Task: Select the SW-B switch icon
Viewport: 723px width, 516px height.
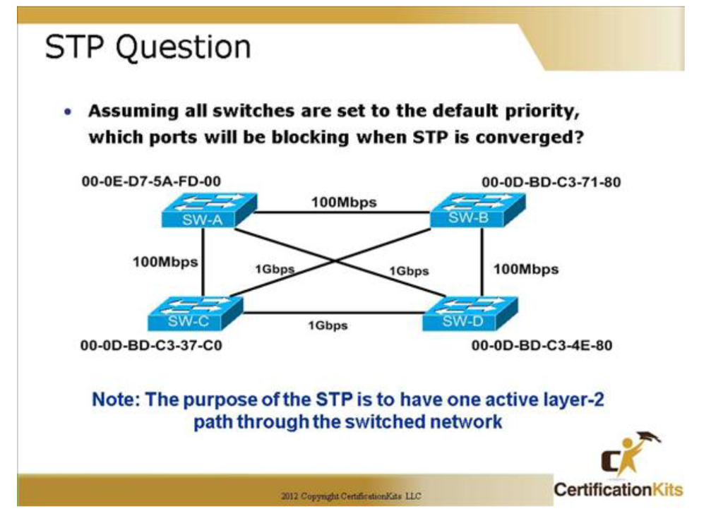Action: tap(477, 210)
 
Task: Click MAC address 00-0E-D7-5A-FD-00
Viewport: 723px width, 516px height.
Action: tap(151, 181)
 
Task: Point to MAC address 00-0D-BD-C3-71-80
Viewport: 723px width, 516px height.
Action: tap(551, 183)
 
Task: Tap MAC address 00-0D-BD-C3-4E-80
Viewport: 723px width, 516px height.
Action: tap(542, 346)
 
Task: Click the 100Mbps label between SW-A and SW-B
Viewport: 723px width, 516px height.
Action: tap(344, 203)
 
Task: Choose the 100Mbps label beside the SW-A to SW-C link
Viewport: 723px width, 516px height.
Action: tap(165, 262)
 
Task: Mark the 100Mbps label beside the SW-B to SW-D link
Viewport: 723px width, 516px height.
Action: tap(525, 269)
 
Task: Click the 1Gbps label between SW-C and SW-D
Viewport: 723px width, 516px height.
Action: tap(328, 325)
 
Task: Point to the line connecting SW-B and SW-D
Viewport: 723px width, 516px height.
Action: tap(482, 261)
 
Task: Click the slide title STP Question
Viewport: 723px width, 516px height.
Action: tap(148, 47)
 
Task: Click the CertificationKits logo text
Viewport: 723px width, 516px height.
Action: tap(618, 489)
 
